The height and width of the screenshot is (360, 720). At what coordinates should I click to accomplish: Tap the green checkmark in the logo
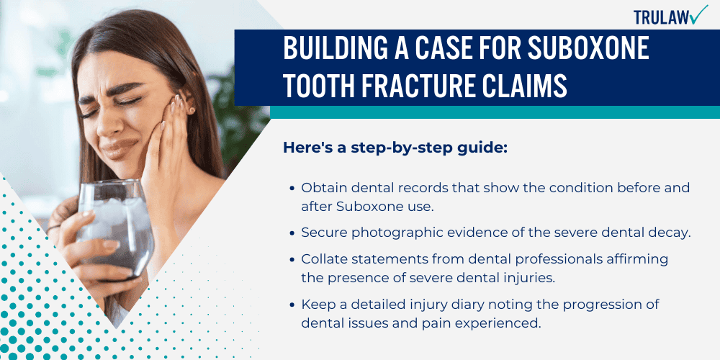698,14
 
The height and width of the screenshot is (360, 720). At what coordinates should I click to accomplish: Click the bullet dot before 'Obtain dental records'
292,188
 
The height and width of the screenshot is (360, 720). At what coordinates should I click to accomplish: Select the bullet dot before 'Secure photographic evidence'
292,233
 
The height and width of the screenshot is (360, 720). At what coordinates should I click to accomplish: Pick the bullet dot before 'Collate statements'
292,258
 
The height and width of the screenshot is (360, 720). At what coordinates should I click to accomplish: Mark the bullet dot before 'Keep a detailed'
292,305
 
